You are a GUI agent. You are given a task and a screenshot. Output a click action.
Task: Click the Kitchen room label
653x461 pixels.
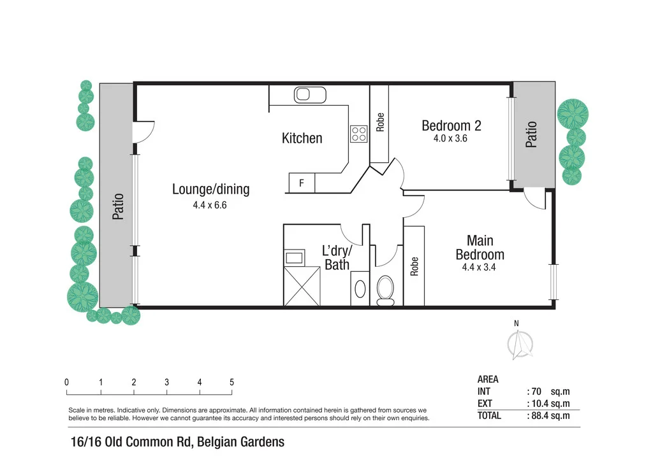302,138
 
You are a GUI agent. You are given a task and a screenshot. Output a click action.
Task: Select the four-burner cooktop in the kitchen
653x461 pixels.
358,134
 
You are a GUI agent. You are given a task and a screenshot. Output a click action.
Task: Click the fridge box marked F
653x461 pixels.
302,183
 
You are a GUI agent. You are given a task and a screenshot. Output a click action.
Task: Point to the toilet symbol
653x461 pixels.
386,289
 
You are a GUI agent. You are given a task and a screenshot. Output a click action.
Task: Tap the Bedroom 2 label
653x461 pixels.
451,125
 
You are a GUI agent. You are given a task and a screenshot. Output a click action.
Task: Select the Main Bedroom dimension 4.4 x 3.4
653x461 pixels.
479,267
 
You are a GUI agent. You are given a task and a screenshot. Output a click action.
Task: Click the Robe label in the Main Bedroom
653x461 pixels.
415,265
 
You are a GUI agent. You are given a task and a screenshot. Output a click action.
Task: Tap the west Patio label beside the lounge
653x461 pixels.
117,207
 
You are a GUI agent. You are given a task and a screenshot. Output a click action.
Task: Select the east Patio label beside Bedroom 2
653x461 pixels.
531,134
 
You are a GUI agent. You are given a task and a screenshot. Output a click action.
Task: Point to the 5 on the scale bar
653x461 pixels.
231,383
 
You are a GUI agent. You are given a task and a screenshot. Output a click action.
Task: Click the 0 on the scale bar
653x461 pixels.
67,383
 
